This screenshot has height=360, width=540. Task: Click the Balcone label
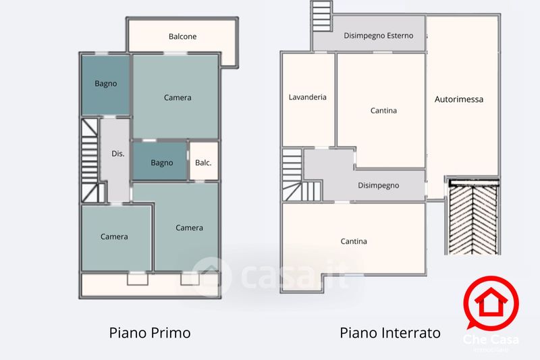tap(182, 36)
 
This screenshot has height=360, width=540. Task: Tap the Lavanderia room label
tap(307, 97)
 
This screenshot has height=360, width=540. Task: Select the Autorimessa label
tap(459, 99)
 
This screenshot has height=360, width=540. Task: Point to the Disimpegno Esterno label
tap(379, 36)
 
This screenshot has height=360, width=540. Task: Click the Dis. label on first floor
tap(117, 154)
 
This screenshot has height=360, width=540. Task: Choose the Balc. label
tap(203, 163)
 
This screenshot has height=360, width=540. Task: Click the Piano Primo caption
tap(150, 333)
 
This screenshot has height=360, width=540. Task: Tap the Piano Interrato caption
tap(390, 333)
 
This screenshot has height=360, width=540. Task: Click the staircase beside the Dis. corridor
tap(90, 161)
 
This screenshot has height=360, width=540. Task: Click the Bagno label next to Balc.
tap(162, 163)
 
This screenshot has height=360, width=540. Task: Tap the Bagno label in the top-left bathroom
tap(105, 84)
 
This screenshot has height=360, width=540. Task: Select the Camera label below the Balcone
tap(178, 97)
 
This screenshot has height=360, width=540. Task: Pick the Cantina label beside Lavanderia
tap(383, 110)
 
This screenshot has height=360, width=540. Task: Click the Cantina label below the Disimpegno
tap(354, 241)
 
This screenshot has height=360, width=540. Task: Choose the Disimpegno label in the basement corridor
tap(379, 185)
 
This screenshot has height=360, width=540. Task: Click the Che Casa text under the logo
tap(487, 340)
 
